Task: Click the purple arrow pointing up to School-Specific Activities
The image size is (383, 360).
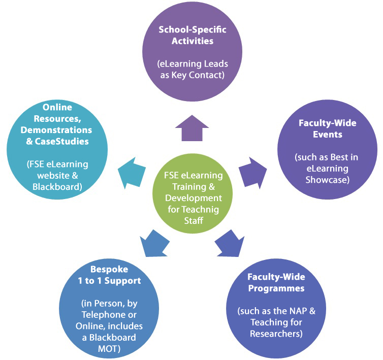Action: [192, 129]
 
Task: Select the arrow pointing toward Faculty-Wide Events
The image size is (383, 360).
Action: [252, 173]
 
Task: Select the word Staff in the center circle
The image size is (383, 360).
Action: [194, 221]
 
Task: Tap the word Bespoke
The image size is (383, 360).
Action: [109, 270]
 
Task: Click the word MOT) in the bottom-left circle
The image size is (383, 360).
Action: [109, 349]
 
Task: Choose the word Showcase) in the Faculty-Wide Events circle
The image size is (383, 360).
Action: [328, 180]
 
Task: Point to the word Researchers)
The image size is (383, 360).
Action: [276, 334]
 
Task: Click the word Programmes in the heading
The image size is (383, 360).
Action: [276, 289]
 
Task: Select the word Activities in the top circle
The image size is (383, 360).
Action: [193, 41]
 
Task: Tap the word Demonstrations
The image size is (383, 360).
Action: [56, 130]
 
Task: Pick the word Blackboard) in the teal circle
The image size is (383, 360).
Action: [57, 187]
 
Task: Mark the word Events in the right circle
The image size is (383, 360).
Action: [328, 135]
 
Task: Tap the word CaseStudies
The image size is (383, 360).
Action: [61, 142]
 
